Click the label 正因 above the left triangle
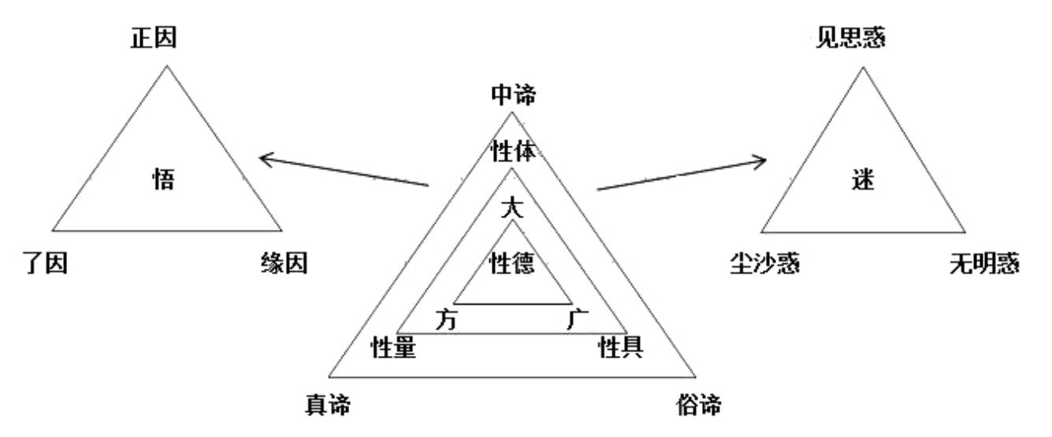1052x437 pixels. point(154,38)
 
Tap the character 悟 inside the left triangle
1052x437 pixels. point(163,180)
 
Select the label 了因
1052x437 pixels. point(45,263)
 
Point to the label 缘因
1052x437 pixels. point(284,263)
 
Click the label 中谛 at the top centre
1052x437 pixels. point(513,94)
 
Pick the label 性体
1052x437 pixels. point(513,151)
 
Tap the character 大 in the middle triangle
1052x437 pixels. point(512,207)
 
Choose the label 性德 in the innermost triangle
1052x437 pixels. point(512,263)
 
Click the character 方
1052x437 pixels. point(446,320)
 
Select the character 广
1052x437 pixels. point(578,319)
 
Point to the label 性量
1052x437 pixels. point(393,347)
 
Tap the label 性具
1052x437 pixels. point(620,347)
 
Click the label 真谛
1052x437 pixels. point(328,405)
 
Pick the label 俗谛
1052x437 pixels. point(699,405)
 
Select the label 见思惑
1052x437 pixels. point(850,38)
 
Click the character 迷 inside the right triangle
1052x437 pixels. point(863,180)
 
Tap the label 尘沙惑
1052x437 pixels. point(764,263)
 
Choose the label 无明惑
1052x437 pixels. point(984,263)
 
